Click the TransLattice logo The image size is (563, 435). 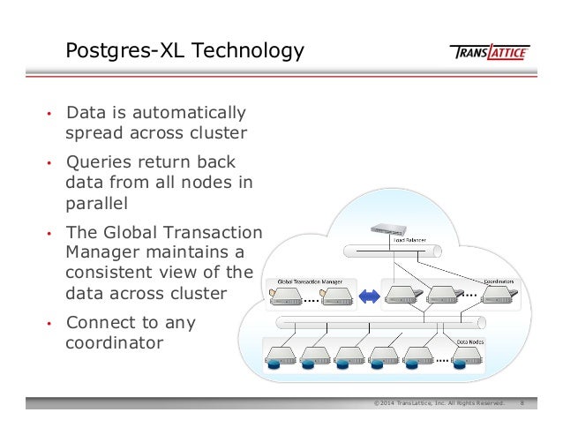(x=490, y=52)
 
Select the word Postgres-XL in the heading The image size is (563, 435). (x=117, y=51)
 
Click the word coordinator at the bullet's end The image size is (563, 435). (x=114, y=342)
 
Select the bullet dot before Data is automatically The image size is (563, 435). (x=49, y=115)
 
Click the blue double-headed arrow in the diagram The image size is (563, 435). (x=367, y=295)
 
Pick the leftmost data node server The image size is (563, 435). (x=279, y=356)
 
